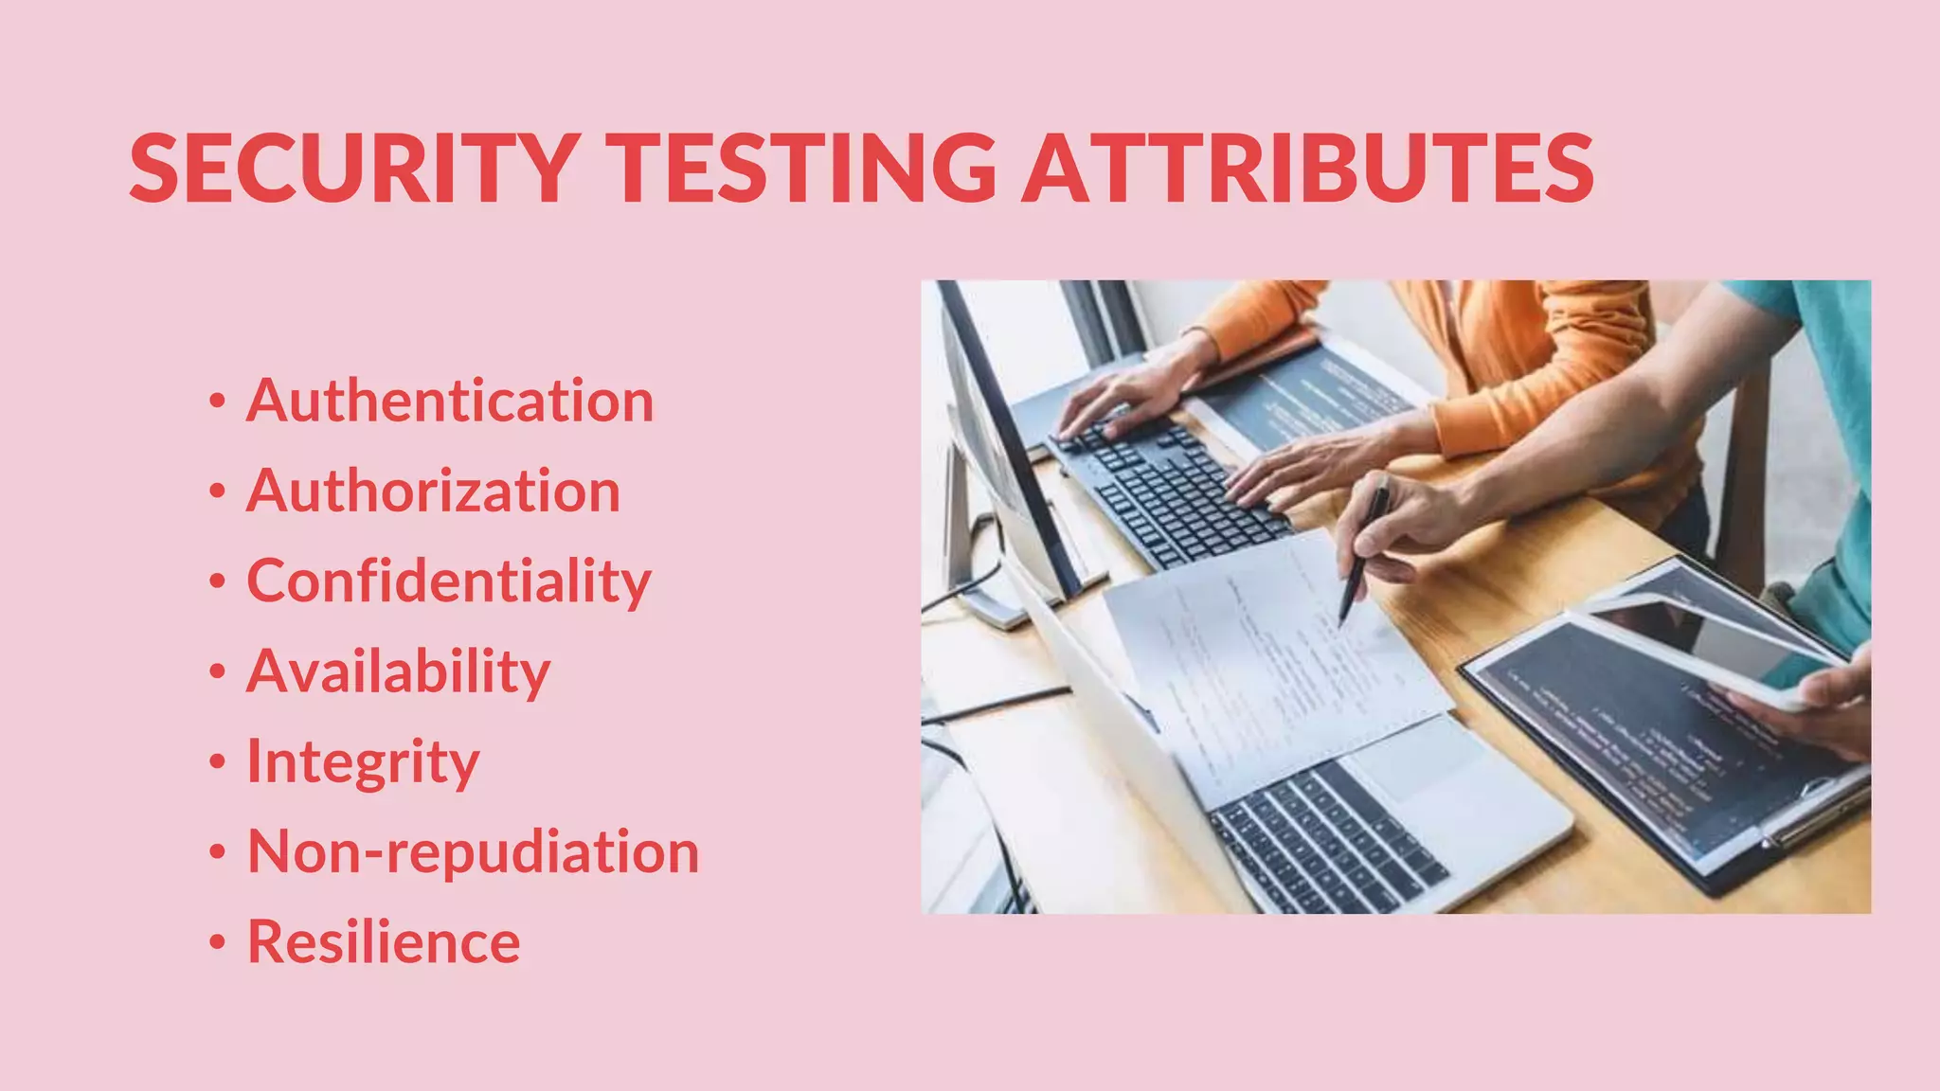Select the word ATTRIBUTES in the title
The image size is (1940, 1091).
(x=1307, y=169)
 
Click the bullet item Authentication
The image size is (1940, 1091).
(x=450, y=401)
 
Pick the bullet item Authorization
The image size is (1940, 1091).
(x=433, y=491)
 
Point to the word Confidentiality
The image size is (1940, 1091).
(x=449, y=581)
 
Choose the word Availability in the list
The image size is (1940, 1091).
(x=398, y=671)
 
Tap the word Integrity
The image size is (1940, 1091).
(x=363, y=761)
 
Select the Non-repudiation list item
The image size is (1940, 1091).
(x=473, y=851)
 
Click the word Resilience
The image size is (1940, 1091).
(x=384, y=941)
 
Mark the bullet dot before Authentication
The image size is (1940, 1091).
(x=218, y=402)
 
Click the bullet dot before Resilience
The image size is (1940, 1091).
(x=218, y=943)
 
